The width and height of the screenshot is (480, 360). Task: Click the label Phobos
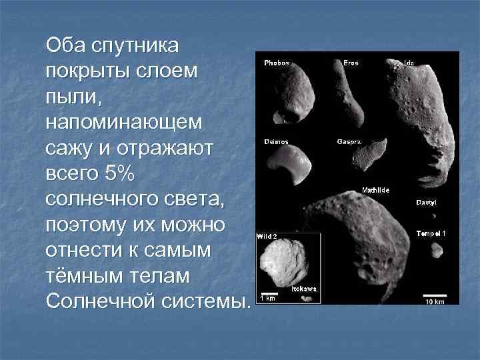[276, 63]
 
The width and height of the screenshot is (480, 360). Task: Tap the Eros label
[351, 63]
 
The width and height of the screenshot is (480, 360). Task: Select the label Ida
[409, 63]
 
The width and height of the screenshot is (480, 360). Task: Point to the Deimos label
[276, 142]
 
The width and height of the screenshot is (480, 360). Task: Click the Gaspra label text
[349, 142]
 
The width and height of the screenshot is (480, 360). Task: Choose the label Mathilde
[375, 191]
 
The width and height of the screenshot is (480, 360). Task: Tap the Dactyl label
[427, 202]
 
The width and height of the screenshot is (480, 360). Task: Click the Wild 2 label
[267, 236]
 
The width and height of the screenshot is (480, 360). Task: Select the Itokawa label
[304, 289]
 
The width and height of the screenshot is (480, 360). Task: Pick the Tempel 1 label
[431, 233]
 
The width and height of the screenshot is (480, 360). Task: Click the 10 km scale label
[434, 301]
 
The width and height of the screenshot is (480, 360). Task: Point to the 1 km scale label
[267, 298]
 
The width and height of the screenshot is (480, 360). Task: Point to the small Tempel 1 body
[437, 251]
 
